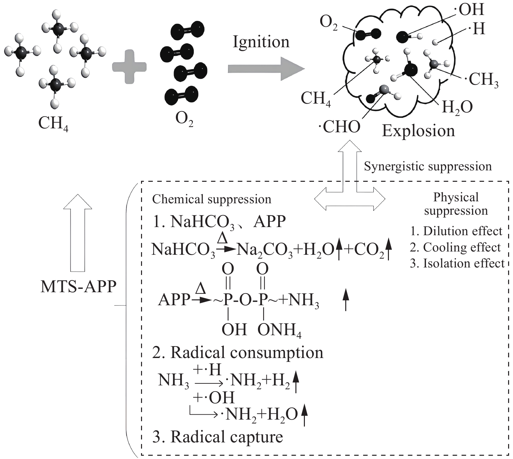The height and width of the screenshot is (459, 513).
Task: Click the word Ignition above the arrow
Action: (261, 42)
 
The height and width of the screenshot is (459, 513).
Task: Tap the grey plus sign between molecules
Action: (129, 67)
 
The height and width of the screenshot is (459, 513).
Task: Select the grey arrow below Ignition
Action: (265, 69)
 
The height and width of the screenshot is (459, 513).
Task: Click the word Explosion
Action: (418, 131)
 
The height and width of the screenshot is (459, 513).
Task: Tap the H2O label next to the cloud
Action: (457, 107)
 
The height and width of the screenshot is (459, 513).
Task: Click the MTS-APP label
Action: (78, 287)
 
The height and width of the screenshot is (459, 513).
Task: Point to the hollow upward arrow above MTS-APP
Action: (78, 233)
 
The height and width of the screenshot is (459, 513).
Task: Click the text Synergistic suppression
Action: (428, 166)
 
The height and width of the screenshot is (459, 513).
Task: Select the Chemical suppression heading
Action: (212, 199)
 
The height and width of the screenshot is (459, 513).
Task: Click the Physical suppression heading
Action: (456, 204)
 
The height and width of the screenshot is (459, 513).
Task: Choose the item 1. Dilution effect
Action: (456, 231)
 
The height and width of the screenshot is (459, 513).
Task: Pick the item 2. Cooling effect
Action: (455, 248)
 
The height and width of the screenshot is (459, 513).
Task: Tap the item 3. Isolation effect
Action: (457, 263)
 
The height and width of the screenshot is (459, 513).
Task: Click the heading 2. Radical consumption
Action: (238, 352)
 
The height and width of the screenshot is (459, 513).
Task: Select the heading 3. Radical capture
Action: (218, 437)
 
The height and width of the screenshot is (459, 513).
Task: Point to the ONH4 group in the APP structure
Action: (279, 330)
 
